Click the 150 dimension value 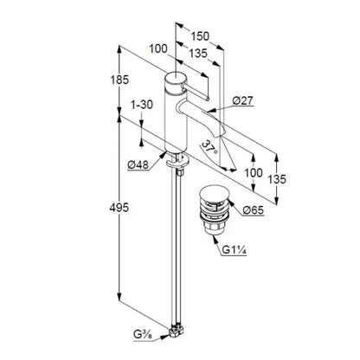(200, 36)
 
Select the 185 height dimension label (119, 80)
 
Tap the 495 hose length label (119, 208)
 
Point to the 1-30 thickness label (142, 105)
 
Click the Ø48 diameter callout (138, 164)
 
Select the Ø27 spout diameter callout (243, 100)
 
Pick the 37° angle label (209, 147)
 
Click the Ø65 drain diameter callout (254, 210)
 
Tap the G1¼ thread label (234, 250)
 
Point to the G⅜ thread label (143, 335)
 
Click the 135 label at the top (198, 54)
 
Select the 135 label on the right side (277, 179)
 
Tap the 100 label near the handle (158, 48)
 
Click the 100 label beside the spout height (254, 173)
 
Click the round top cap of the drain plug (214, 192)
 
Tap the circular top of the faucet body (176, 78)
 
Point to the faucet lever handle (196, 93)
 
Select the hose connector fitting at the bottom (176, 331)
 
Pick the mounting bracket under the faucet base (177, 162)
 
